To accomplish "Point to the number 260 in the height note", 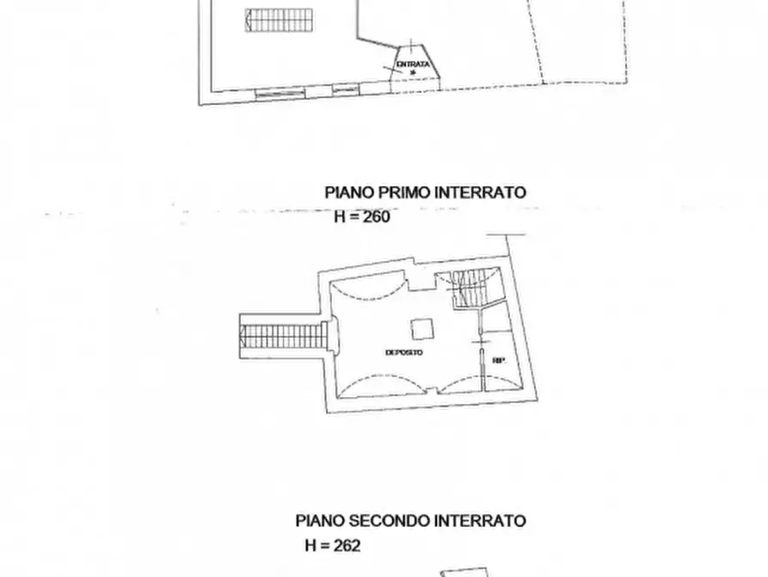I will click(x=376, y=217).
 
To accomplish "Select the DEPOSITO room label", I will click(x=404, y=353).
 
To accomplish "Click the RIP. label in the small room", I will click(x=498, y=361).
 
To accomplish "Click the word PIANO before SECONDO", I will click(x=320, y=521).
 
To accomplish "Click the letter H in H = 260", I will click(x=340, y=217).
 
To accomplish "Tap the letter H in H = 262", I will click(x=310, y=545).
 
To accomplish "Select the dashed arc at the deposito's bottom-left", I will click(x=370, y=383).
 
